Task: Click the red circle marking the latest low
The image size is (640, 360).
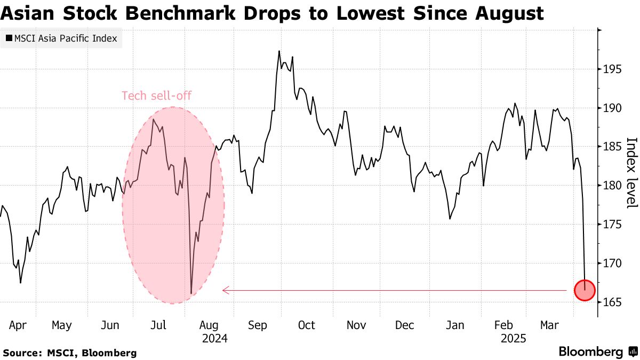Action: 585,290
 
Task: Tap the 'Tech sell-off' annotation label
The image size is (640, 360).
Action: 156,96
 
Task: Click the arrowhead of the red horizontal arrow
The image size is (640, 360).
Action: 225,290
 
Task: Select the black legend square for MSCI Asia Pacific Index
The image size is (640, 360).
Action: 9,38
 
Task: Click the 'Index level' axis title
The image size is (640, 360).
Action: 631,173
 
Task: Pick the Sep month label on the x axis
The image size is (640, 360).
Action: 258,325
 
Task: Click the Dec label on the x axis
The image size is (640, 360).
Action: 405,325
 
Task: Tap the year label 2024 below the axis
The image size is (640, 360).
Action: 214,338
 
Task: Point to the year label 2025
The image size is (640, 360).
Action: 513,338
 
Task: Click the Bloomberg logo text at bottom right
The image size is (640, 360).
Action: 590,352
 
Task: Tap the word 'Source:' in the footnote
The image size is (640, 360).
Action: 21,353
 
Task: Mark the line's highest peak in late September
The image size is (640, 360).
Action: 279,51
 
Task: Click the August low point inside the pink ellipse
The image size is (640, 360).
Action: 191,293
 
